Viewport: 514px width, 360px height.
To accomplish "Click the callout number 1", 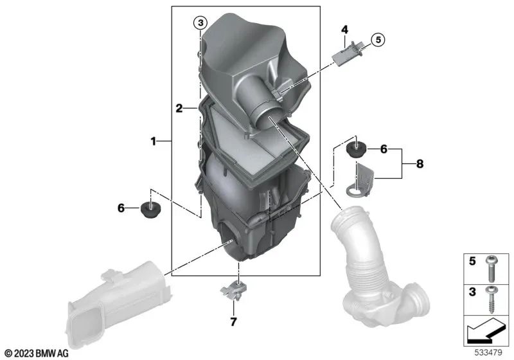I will (154, 140).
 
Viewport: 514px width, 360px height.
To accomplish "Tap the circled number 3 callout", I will (200, 24).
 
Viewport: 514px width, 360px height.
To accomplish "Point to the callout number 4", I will (344, 30).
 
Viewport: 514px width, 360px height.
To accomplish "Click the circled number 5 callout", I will (377, 40).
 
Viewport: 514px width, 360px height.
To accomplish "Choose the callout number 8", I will (420, 164).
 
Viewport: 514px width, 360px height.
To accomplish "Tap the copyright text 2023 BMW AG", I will (37, 353).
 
